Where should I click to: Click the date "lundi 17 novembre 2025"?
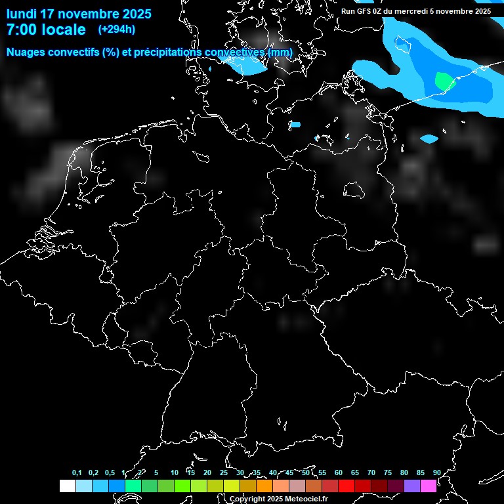79,14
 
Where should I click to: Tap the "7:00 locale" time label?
46,30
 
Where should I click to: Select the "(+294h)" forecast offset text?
117,30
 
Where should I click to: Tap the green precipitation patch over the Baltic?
444,81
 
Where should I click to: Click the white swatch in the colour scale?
68,486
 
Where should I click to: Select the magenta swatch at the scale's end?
429,486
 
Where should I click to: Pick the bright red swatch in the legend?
346,486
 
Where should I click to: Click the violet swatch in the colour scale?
412,486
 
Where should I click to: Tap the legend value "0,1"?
77,473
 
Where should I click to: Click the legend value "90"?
436,473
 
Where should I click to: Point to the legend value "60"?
338,473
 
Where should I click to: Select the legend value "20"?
207,473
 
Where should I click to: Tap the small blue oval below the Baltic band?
429,139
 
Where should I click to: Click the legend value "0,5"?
110,473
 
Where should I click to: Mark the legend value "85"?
420,473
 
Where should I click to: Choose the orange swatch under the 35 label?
264,486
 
